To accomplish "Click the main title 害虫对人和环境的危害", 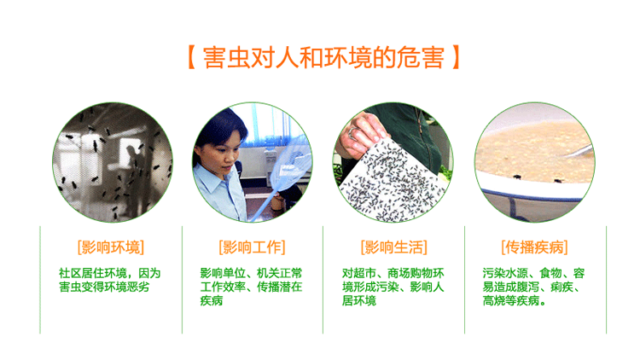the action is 323,57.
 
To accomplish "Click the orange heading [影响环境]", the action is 111,247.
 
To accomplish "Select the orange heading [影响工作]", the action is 252,247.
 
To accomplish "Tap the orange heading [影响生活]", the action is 394,247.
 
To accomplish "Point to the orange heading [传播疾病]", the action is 534,247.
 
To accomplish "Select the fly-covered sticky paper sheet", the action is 391,182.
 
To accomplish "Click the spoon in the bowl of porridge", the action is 579,152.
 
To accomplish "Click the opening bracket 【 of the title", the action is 191,57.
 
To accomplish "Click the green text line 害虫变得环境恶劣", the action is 104,287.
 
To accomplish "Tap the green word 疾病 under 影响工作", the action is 211,301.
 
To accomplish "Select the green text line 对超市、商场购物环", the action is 393,273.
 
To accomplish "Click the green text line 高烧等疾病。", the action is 515,301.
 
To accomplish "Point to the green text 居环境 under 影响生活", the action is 358,301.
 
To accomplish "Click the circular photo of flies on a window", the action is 113,162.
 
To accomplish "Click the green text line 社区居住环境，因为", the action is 109,273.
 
